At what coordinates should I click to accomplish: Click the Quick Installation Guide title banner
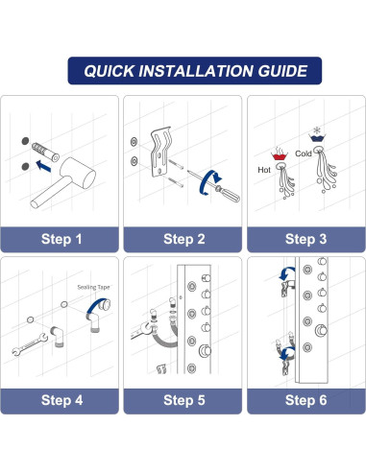tap(195, 71)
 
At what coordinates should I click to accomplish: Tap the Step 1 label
tap(61, 239)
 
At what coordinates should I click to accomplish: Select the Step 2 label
tap(184, 239)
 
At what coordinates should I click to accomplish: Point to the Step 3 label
tap(305, 239)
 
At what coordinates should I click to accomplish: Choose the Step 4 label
tap(61, 400)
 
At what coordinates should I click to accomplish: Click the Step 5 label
tap(184, 400)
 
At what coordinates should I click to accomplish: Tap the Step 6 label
tap(305, 400)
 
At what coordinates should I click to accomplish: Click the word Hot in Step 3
tap(264, 170)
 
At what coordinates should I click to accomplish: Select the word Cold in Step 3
tap(304, 153)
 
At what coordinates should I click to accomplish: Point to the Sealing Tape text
tap(93, 287)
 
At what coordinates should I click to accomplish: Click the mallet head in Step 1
tap(78, 173)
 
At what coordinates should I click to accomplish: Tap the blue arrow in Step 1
tap(43, 166)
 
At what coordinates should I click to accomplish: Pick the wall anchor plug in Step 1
tap(45, 153)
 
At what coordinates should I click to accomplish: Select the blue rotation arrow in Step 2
tap(209, 182)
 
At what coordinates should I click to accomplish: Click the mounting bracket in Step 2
tap(161, 152)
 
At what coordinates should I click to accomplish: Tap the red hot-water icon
tap(280, 153)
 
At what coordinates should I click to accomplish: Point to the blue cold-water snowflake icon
tap(317, 134)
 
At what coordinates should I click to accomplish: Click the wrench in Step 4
tap(30, 344)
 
